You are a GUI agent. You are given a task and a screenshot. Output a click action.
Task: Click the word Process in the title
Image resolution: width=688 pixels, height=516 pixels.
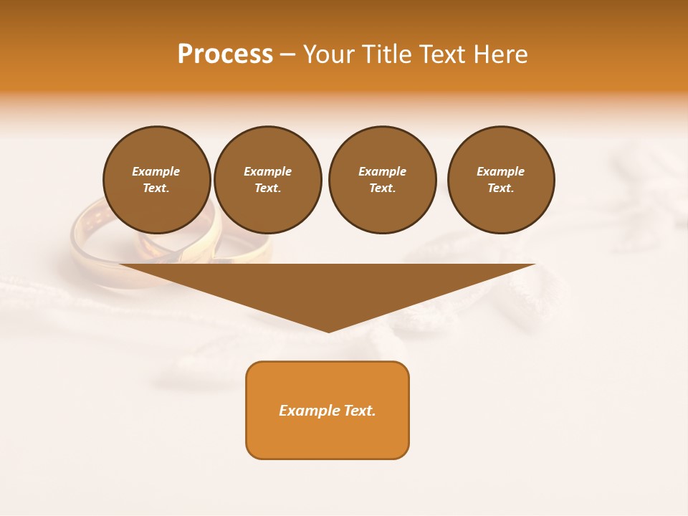[225, 54]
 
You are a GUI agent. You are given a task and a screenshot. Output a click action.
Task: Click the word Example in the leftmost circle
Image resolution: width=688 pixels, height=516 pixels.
[156, 171]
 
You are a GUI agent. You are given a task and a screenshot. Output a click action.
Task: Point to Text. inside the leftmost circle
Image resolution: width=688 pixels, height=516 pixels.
[156, 188]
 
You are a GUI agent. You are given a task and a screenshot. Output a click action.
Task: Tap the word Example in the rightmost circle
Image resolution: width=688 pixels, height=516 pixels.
[501, 171]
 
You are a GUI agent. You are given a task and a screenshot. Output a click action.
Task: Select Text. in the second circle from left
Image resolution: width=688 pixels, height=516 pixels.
[267, 188]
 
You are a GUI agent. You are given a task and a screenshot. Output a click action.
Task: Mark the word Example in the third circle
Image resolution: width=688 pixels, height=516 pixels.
[382, 171]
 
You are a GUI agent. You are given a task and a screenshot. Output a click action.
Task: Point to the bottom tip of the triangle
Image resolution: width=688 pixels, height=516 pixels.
[328, 330]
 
